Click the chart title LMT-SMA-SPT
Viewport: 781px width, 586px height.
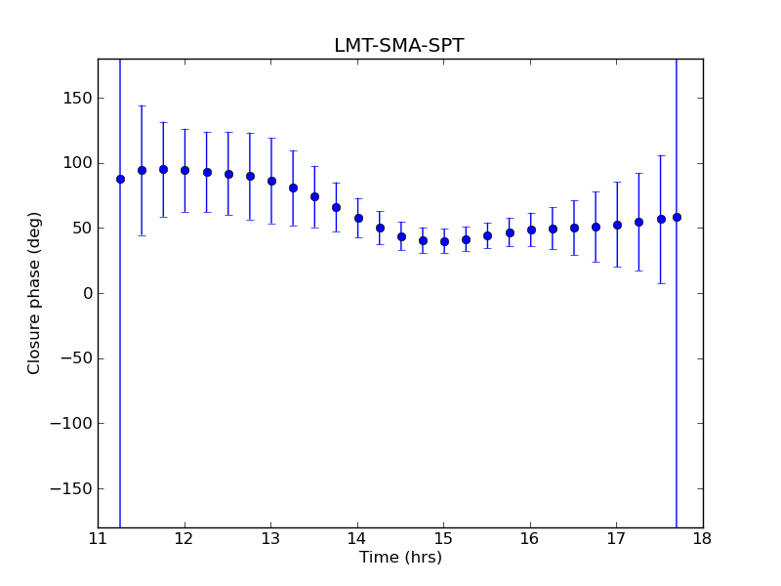398,46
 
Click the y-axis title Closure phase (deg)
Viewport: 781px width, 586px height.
35,293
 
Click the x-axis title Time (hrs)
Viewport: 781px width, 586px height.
400,558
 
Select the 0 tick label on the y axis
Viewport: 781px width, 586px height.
86,293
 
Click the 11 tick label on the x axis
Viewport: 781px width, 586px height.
98,538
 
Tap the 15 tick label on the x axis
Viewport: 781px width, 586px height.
443,538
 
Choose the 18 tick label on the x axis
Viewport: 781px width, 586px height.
703,538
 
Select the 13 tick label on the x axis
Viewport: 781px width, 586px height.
270,538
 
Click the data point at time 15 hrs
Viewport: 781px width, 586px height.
444,241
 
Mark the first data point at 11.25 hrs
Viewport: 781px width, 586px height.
120,179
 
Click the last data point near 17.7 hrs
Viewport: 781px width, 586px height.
677,217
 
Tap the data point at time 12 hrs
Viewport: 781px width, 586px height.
185,170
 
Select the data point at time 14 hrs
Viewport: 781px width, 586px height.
358,218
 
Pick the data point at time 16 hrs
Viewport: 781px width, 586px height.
531,230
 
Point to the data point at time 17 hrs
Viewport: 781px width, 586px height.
617,225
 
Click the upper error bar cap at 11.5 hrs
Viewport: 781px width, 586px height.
142,105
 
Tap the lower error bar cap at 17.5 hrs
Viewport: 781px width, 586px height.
660,283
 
